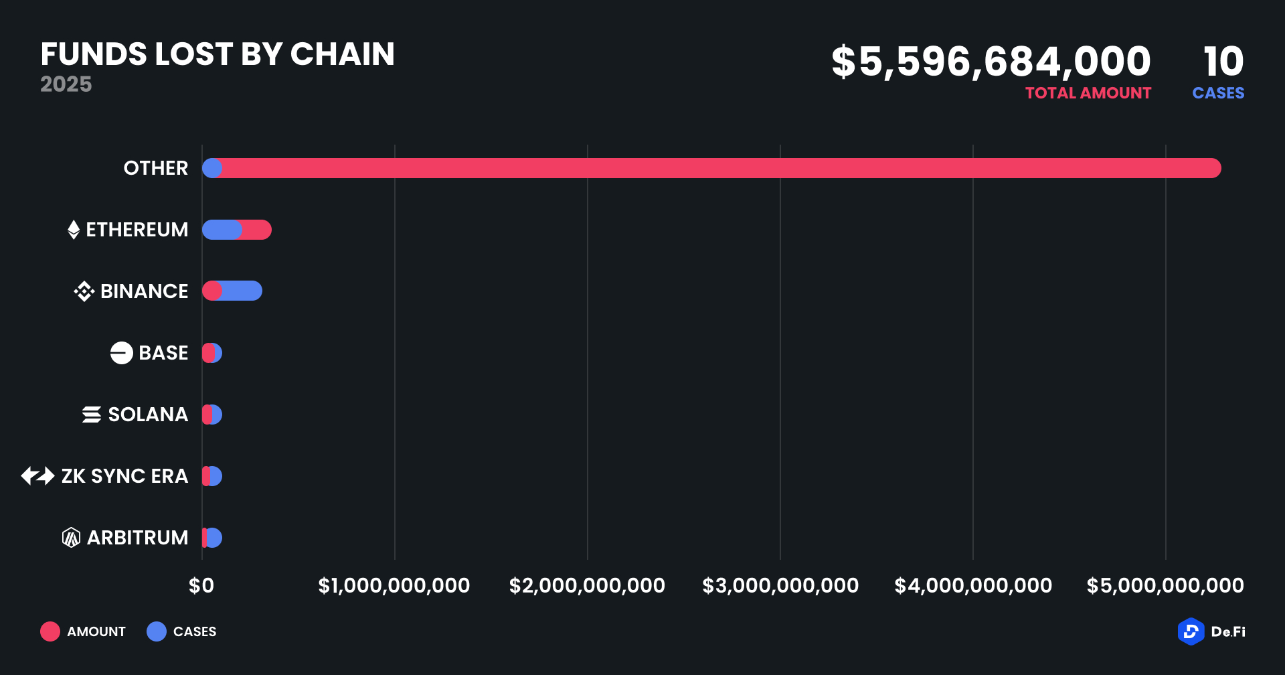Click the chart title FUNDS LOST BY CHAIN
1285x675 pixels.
pos(218,54)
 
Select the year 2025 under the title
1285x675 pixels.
pos(66,84)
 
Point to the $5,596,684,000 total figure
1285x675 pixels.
pos(991,62)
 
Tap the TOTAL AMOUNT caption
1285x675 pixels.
pos(1088,93)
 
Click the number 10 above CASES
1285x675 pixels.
pos(1223,62)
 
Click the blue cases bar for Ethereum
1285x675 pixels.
pos(221,230)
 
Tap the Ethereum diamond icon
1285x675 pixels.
pos(74,230)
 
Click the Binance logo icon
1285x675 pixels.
pos(84,291)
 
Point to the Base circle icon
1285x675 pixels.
pos(121,353)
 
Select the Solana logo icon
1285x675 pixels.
pos(92,415)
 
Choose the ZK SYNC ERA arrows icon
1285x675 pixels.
pos(37,476)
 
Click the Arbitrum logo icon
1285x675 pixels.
pos(71,538)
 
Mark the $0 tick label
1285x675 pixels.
pos(201,586)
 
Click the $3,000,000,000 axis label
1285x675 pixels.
pos(780,586)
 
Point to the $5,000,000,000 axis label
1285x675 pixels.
pos(1165,586)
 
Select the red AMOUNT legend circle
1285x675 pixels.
pos(50,631)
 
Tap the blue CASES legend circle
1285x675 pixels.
pos(157,631)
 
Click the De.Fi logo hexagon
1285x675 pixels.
pos(1191,631)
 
